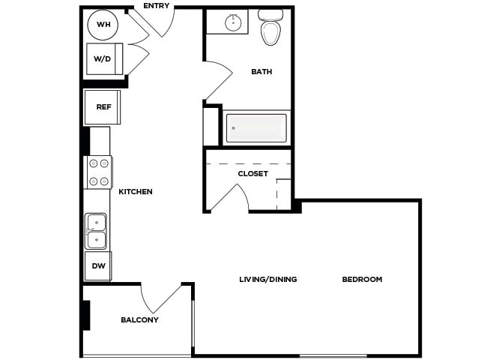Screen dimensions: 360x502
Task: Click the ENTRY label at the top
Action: (x=157, y=6)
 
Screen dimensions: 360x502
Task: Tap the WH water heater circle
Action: (x=103, y=25)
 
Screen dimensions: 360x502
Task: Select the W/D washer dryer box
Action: (x=103, y=58)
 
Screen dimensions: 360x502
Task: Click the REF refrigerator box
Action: (x=103, y=107)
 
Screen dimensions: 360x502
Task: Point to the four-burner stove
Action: (x=98, y=172)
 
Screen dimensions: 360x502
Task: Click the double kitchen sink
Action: (x=96, y=230)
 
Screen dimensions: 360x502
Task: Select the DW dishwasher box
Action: (x=98, y=265)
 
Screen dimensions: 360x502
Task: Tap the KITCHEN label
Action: (x=136, y=192)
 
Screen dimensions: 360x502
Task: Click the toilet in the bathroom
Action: (x=270, y=28)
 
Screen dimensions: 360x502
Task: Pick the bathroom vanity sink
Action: (x=234, y=22)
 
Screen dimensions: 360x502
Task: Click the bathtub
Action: (x=256, y=128)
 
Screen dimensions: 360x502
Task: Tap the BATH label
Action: (x=261, y=72)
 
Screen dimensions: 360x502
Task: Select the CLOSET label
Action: (x=252, y=174)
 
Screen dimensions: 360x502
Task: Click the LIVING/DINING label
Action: (x=268, y=280)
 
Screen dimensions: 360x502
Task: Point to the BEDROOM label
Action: (x=362, y=280)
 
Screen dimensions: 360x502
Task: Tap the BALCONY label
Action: (x=140, y=320)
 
